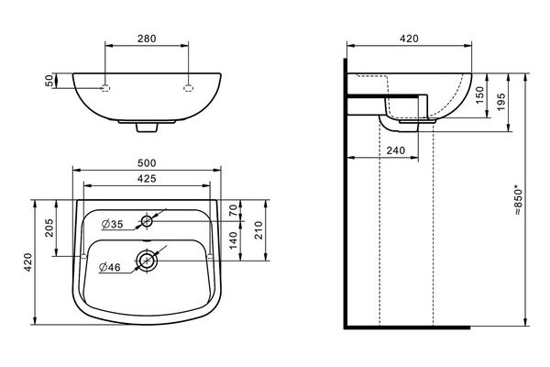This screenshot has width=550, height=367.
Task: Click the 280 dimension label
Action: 147,39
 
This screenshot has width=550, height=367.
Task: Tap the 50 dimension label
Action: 50,81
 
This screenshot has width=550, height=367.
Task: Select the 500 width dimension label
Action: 147,163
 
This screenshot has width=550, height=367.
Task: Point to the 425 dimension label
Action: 147,178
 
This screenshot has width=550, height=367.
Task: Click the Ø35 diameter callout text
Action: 112,224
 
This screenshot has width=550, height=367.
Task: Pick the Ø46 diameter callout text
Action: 110,268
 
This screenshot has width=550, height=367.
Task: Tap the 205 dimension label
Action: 49,228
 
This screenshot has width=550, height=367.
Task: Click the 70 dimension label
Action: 233,210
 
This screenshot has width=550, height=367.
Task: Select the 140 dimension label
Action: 233,240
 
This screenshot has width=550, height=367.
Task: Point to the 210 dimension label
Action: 258,230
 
